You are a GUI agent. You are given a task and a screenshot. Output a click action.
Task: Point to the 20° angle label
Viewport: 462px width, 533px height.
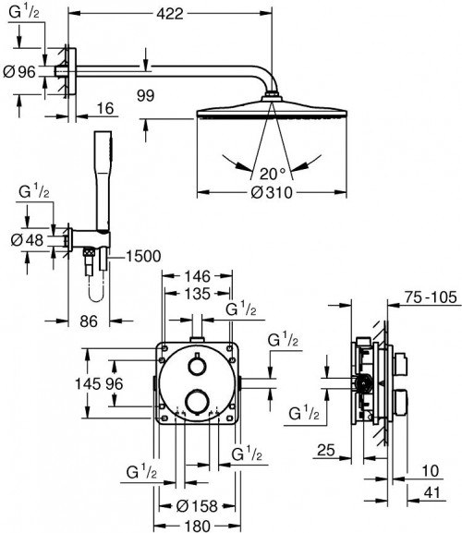tap(272, 171)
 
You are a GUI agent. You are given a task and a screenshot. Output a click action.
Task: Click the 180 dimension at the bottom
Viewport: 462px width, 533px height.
tap(196, 524)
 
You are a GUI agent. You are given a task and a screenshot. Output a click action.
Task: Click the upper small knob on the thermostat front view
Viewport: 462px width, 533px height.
tap(198, 366)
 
